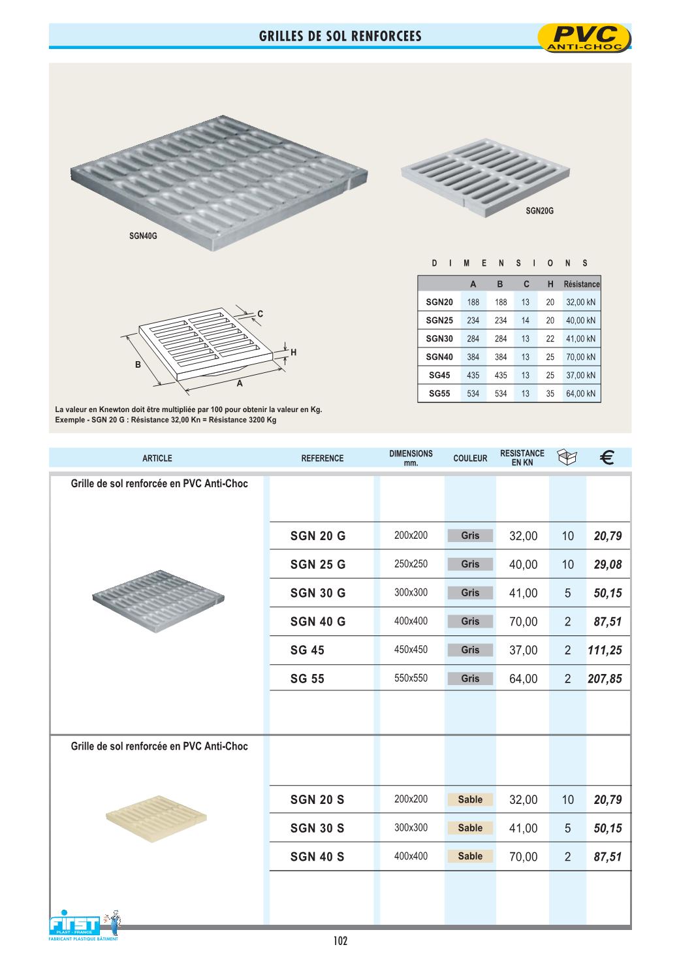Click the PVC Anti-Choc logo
pos(584,38)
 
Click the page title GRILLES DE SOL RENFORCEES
pos(340,37)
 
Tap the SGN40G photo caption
pos(143,236)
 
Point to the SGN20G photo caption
pos(539,211)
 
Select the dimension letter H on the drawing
pos(294,353)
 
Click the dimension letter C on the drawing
pos(260,314)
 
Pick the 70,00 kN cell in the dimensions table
pos(580,357)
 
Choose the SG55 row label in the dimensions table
pos(439,394)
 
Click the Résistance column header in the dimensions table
pos(581,284)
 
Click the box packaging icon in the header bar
pos(567,458)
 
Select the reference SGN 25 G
pos(318,565)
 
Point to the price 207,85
pos(605,679)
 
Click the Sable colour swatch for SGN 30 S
pos(470,828)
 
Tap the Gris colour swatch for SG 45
pos(470,650)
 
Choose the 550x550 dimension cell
pos(411,679)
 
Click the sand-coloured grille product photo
pos(156,818)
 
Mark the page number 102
pos(340,941)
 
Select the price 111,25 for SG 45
pos(605,650)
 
